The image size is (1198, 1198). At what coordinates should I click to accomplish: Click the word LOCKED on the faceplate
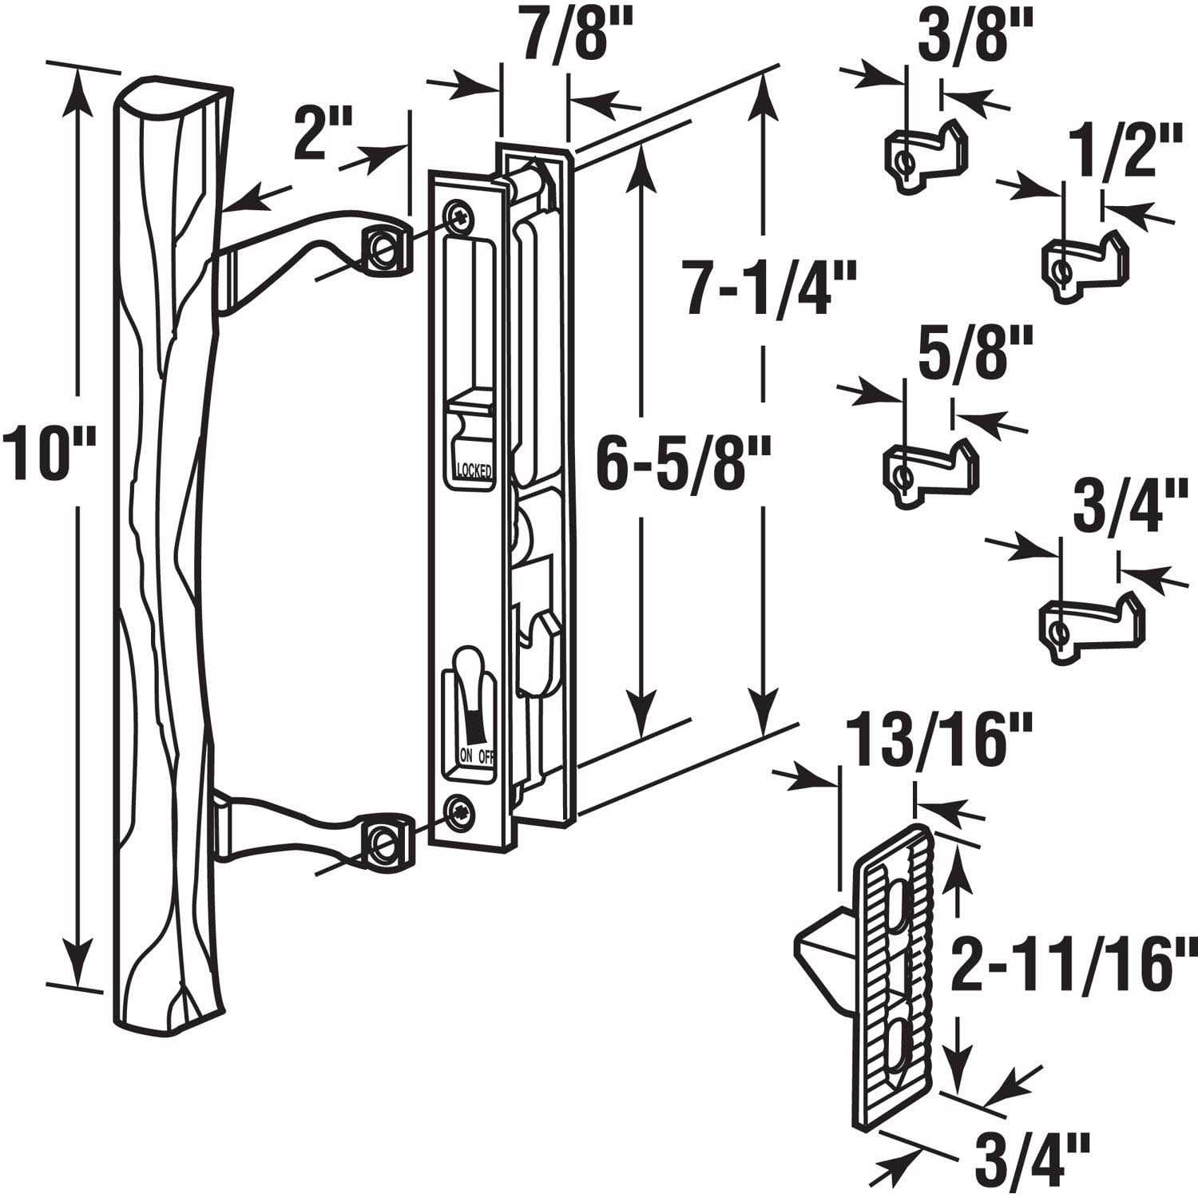474,470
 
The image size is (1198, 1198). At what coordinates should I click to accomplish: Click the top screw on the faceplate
459,214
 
